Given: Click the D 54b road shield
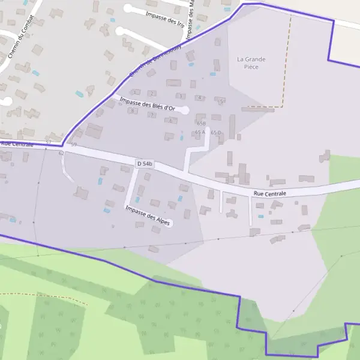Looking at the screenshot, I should [x=145, y=163].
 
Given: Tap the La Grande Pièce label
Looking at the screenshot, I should [x=251, y=63].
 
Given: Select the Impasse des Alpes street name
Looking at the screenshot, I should [x=148, y=215].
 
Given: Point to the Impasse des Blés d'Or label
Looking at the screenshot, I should [x=147, y=104].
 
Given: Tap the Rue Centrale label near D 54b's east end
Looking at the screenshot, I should [x=269, y=194].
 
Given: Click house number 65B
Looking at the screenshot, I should [x=201, y=123].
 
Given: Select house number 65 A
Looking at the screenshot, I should [x=200, y=132].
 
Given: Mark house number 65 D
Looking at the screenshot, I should [x=216, y=132].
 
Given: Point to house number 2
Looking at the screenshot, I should [x=152, y=93].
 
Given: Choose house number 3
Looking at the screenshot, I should [x=179, y=96].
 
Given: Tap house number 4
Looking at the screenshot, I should [x=199, y=98].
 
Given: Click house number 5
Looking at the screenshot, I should [x=221, y=101].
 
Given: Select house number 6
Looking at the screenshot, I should [x=171, y=121].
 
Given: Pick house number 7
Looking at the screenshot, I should [x=152, y=115].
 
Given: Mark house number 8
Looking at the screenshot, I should [x=131, y=110].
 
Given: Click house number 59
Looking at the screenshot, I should [x=74, y=145].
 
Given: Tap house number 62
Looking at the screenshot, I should [x=61, y=154].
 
